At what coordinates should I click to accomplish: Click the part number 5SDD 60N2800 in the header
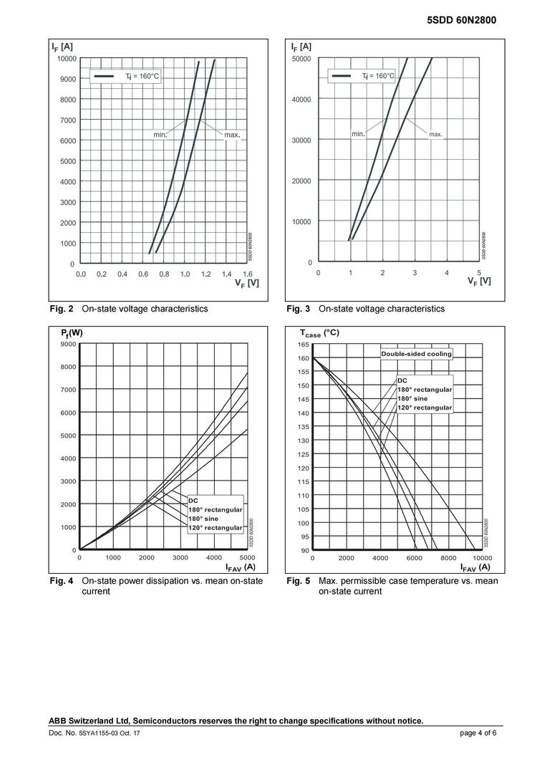461,21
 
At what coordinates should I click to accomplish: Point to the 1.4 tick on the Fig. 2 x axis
226,274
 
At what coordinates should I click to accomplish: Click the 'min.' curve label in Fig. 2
160,134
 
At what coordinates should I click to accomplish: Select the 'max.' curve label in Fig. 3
435,134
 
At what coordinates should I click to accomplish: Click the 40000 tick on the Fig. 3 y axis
301,99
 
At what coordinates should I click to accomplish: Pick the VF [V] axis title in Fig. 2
246,283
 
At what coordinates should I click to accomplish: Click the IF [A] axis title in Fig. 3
300,47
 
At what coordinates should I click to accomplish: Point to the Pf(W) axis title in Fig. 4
72,333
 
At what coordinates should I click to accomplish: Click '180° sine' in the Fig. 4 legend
205,519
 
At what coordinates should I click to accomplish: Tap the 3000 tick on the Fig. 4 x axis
180,557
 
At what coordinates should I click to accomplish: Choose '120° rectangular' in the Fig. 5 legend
425,408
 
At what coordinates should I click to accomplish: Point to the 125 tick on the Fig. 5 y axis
303,454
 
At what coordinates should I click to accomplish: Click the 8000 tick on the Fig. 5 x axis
448,557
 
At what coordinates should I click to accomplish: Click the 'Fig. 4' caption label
62,581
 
